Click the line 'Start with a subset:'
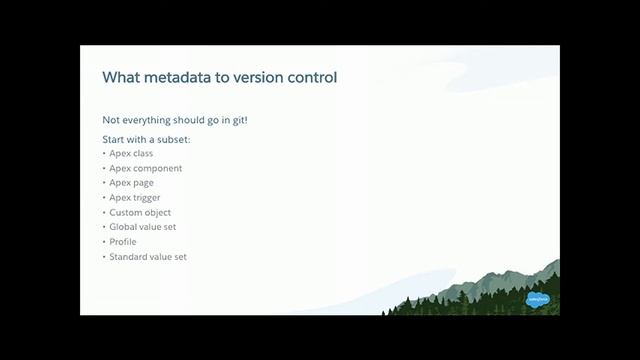click(x=146, y=139)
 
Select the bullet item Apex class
click(x=131, y=154)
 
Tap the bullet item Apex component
click(x=145, y=168)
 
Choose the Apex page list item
click(x=131, y=183)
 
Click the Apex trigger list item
click(x=135, y=198)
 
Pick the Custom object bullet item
click(x=140, y=212)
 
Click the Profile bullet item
click(x=123, y=242)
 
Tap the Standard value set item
click(x=148, y=257)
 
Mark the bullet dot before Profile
click(x=104, y=242)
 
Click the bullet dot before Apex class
click(x=104, y=154)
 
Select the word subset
click(x=172, y=139)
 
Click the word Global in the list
click(x=124, y=227)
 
